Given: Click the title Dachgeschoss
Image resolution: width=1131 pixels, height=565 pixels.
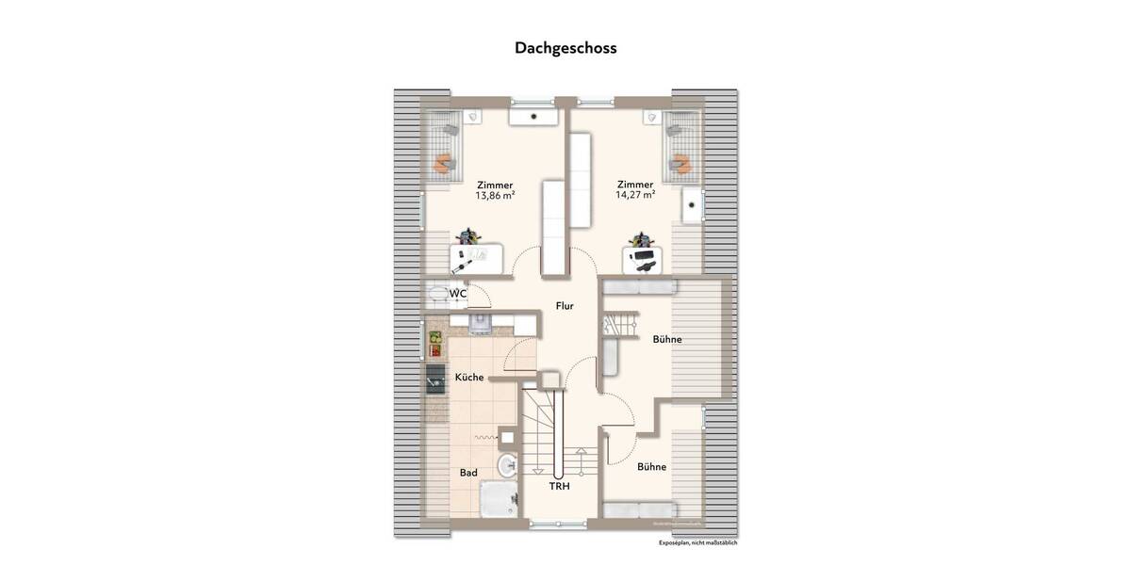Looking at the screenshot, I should pos(565,47).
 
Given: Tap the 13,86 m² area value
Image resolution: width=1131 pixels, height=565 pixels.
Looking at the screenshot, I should pos(495,197).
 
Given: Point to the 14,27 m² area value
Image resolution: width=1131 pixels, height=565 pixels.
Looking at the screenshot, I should pos(635,197).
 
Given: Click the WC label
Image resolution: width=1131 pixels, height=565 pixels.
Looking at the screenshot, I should pos(458,294).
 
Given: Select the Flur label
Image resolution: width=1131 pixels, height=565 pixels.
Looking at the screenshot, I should pos(565,306).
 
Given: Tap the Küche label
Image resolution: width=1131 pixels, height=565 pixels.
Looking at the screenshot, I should pos(469,378).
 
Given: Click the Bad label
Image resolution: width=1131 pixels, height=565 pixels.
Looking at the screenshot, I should pos(468,473).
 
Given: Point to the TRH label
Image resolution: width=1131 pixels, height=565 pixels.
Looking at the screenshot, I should pos(560,487).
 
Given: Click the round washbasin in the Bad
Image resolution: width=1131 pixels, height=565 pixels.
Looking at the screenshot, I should pos(508,463).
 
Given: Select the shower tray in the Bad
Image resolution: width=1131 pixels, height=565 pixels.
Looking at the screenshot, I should pos(497,499).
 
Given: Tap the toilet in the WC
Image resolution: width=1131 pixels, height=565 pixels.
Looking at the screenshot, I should pos(437,294).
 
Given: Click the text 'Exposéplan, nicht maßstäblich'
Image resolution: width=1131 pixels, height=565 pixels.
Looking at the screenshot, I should pos(697,543).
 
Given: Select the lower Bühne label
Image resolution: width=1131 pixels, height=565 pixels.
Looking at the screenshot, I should pos(651,467).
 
